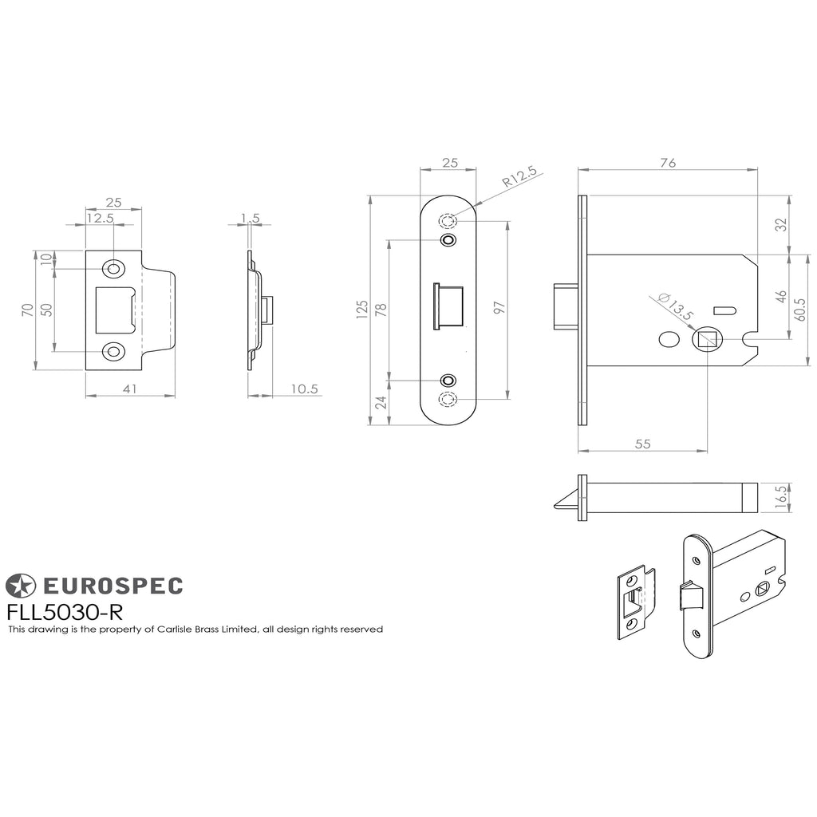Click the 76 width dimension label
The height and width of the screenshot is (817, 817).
[668, 163]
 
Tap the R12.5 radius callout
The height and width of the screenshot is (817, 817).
[519, 176]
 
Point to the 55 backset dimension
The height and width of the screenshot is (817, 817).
[643, 444]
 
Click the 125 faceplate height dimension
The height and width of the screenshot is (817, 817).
[362, 309]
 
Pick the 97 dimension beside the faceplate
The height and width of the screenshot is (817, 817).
[499, 307]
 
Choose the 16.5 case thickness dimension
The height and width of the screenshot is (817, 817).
[781, 496]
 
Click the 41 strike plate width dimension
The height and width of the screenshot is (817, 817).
[129, 389]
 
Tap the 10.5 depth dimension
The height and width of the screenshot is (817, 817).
[304, 389]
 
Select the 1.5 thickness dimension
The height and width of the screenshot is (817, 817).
[250, 219]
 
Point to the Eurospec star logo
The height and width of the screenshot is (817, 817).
[20, 585]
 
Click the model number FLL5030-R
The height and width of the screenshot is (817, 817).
[65, 612]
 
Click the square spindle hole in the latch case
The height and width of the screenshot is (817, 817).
[708, 340]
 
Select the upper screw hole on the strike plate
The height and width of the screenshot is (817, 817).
[113, 269]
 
